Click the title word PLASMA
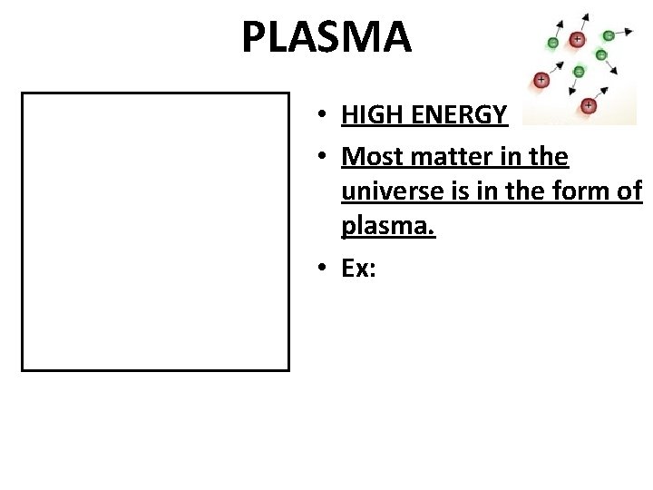click(326, 37)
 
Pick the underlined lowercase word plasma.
click(388, 227)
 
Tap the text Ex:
click(359, 269)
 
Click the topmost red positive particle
click(577, 40)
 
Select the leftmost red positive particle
click(541, 80)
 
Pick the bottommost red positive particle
click(589, 105)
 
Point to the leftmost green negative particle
click(553, 43)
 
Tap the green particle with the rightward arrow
click(608, 35)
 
